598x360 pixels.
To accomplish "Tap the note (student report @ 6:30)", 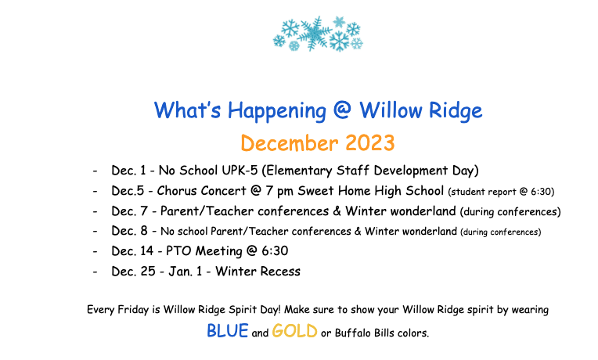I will click(500, 191).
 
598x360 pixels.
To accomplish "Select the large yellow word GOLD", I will click(294, 331).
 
